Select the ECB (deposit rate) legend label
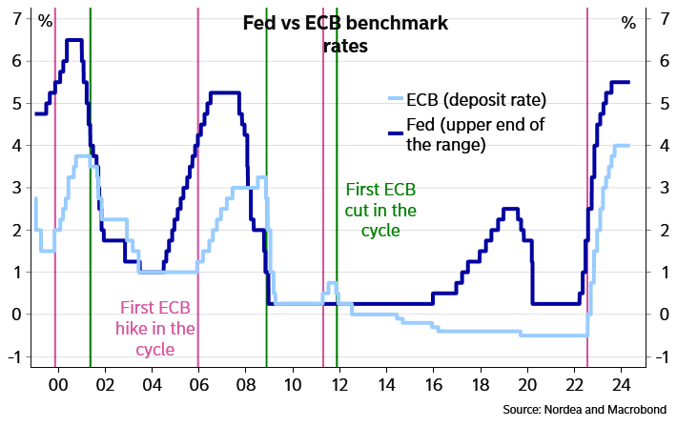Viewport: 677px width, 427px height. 476,98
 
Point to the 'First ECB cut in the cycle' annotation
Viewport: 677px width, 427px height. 380,209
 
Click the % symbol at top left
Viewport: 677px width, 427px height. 45,21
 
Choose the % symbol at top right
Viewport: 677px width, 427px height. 628,21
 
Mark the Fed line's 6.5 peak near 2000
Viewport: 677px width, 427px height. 73,40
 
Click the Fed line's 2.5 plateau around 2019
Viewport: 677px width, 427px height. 510,209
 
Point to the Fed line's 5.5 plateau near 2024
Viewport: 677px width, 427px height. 620,82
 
